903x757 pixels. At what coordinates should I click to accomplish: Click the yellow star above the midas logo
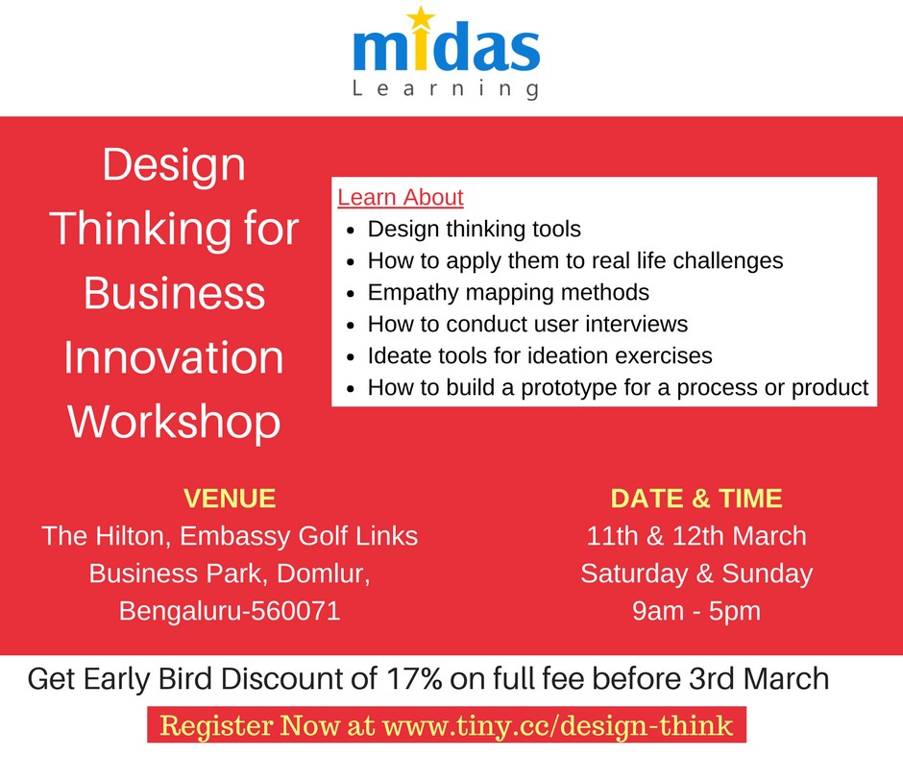tap(422, 18)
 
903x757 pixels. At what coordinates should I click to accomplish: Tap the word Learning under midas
tap(445, 90)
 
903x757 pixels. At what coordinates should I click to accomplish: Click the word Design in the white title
tap(174, 165)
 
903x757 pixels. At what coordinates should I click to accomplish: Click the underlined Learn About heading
tap(401, 198)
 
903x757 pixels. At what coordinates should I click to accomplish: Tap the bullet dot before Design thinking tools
tap(351, 231)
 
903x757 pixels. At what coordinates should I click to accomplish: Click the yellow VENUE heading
tap(230, 499)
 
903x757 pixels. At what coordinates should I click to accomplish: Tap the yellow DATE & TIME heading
tap(696, 499)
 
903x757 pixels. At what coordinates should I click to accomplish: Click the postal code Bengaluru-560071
tap(230, 611)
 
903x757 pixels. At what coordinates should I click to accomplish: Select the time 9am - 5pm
tap(696, 611)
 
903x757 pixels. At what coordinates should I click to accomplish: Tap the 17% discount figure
tap(415, 679)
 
